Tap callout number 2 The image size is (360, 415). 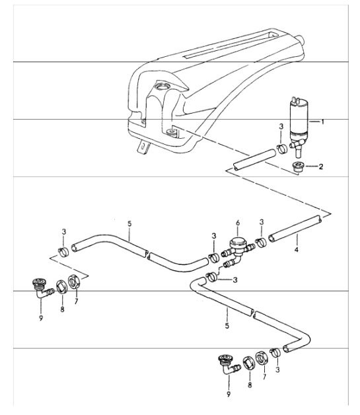(x=321, y=167)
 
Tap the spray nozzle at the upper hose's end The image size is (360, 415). (x=39, y=287)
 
